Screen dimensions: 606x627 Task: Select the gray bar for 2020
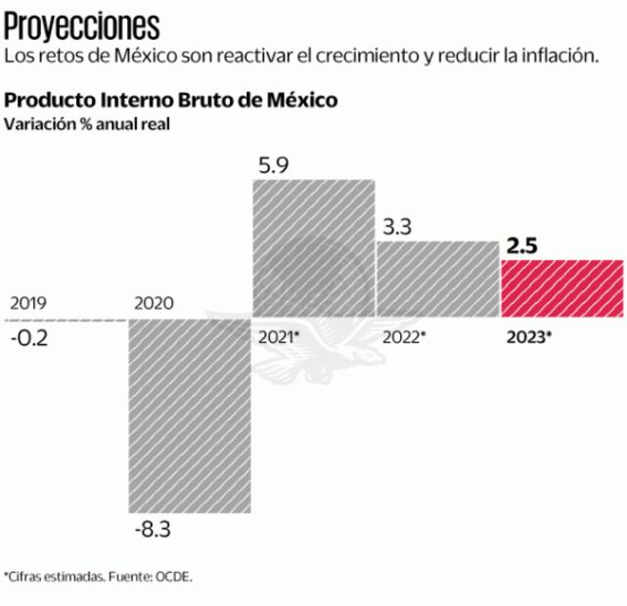(191, 415)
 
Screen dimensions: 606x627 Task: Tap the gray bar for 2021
(314, 248)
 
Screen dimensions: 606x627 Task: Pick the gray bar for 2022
(437, 279)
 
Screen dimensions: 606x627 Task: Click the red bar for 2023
(561, 288)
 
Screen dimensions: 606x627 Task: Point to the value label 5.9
(273, 165)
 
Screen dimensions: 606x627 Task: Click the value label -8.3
(151, 531)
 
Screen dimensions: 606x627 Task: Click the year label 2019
(27, 303)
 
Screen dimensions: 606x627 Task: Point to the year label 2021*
(279, 337)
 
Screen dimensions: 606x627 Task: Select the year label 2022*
(404, 337)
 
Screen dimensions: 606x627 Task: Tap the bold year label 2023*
(529, 337)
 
